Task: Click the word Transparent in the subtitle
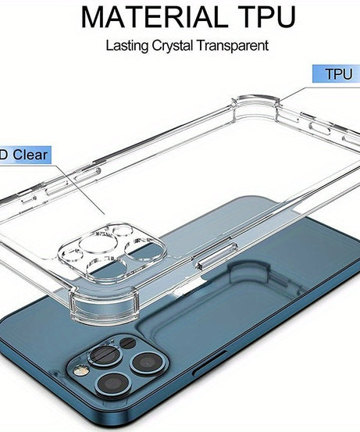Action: [232, 45]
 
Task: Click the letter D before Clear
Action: [4, 154]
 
